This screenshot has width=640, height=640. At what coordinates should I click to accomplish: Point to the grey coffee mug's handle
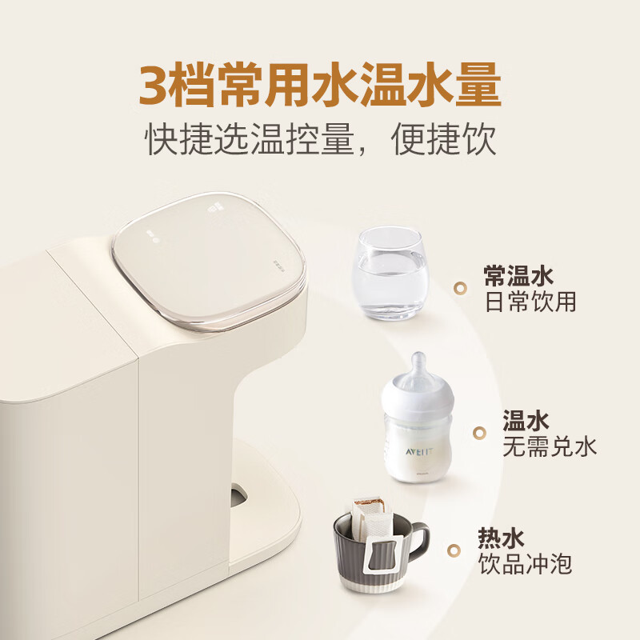pos(419,544)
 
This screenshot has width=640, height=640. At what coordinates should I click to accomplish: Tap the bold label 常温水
pos(518,276)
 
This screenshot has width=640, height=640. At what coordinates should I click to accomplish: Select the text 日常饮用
pos(530,302)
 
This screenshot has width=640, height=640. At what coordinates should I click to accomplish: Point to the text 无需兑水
pos(549,446)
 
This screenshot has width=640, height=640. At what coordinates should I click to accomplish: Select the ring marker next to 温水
pos(479,433)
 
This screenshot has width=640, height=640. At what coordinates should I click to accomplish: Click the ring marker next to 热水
pos(454,550)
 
